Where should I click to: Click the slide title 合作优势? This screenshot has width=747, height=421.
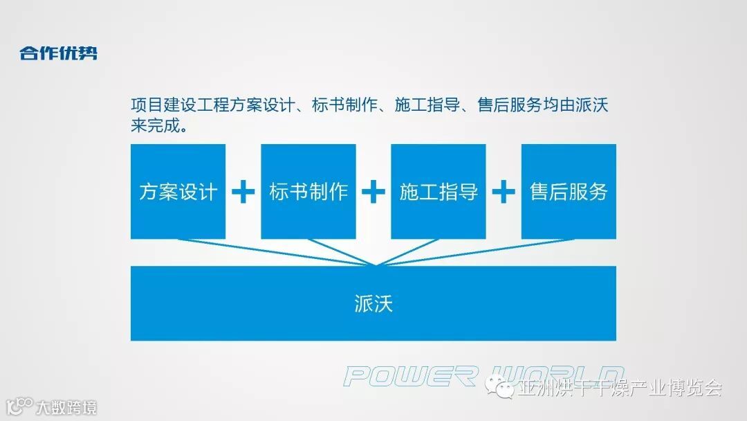58,53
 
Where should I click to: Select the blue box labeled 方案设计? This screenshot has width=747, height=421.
178,191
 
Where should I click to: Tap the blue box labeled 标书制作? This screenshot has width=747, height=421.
308,191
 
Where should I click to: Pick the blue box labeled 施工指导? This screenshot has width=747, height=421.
439,191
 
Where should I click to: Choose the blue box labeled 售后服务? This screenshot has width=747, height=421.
569,191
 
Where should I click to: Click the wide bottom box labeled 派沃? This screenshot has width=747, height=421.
373,303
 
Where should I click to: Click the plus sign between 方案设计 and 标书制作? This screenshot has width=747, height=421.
243,192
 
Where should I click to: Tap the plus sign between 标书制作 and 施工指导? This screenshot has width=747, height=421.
373,192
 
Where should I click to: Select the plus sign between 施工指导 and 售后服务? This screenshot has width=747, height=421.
504,192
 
